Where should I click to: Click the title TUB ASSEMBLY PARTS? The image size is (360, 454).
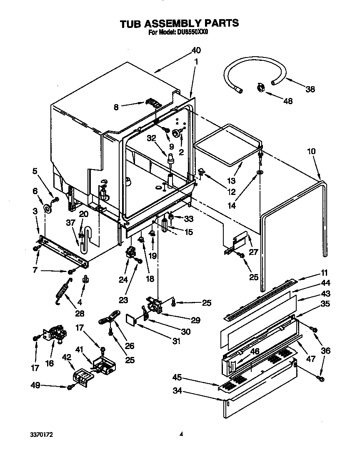[179, 23]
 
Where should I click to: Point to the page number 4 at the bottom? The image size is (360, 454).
[181, 434]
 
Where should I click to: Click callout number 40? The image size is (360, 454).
[196, 50]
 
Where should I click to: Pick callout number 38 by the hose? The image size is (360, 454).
[310, 89]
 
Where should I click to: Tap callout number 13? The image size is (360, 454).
[232, 181]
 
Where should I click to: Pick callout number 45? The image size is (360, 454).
[177, 378]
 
